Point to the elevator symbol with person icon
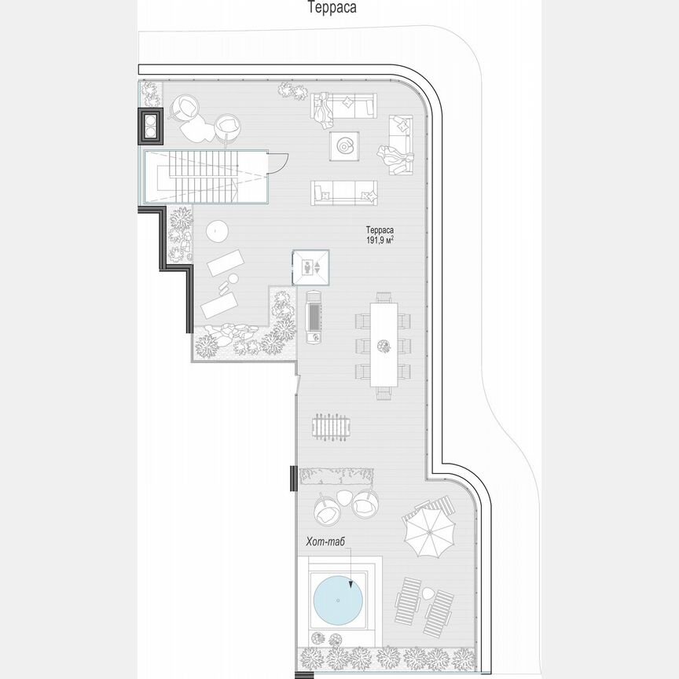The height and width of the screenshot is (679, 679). point(311,267)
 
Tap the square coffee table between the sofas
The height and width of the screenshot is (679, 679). point(345,145)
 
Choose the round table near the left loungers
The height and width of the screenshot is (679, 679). point(217,231)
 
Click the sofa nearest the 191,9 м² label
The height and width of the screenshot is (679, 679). point(343,192)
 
